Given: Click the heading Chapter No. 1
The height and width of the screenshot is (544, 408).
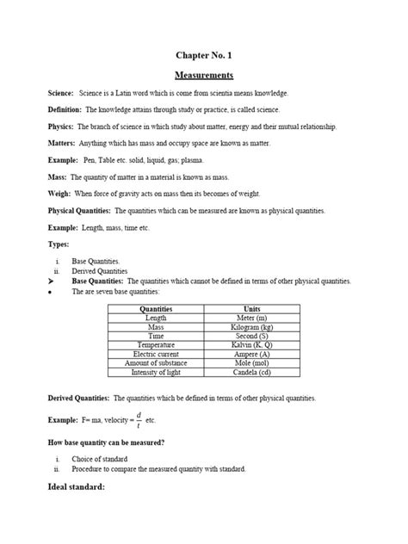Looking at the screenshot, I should (205, 54).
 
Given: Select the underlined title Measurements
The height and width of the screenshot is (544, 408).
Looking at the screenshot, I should (204, 75).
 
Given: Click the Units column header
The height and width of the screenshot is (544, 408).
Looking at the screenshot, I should (251, 308).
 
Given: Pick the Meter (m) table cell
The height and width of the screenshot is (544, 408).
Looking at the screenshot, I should (251, 318).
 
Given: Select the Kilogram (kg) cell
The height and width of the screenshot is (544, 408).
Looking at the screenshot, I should (251, 327).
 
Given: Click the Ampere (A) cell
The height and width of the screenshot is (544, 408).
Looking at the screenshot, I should (251, 355).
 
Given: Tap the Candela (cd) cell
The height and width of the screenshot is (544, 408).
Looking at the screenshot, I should (251, 373).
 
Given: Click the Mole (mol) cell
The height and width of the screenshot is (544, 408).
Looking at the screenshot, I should (251, 363).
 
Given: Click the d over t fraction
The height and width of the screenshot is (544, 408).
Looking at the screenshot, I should (139, 418).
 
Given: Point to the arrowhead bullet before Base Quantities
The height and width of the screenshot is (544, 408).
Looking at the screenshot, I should (54, 281).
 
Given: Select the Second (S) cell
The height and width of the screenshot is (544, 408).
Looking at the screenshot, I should (251, 336).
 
